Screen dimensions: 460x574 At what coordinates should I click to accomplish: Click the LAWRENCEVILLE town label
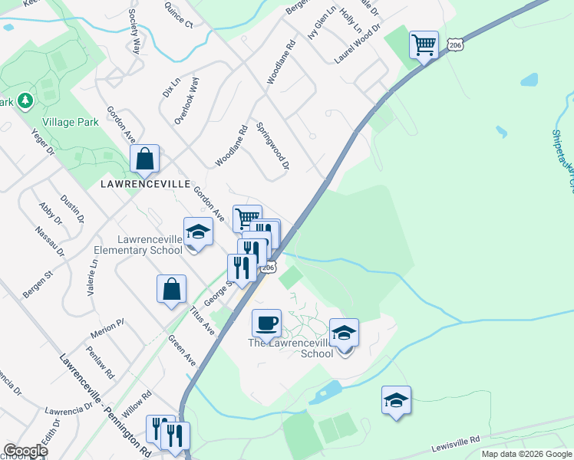click(146, 185)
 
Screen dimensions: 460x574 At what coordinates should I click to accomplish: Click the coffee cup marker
click(266, 323)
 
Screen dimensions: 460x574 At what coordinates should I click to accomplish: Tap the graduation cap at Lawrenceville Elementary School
click(198, 232)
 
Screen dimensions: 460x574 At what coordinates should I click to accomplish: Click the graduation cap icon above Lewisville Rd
click(396, 400)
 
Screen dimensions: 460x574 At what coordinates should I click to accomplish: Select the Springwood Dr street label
click(273, 146)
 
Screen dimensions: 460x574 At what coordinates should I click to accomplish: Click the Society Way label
click(135, 31)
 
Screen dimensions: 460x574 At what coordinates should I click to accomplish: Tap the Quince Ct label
click(178, 15)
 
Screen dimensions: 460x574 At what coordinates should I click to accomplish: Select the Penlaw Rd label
click(100, 363)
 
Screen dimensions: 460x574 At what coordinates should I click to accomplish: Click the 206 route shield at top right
click(456, 45)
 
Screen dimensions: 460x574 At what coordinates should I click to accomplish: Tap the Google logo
click(25, 451)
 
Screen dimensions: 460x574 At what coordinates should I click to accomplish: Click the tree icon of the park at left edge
click(25, 100)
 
